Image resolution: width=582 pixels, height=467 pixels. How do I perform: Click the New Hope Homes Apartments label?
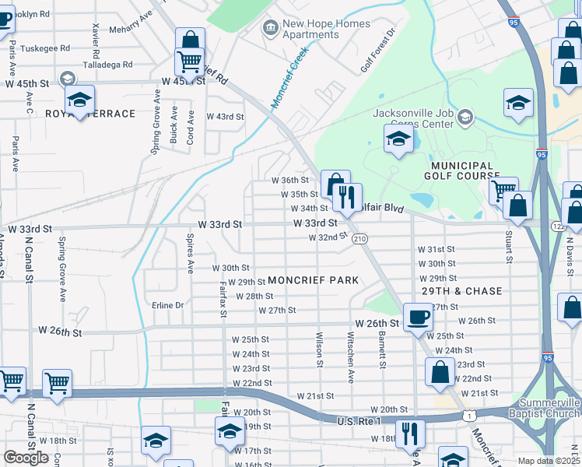click(315, 29)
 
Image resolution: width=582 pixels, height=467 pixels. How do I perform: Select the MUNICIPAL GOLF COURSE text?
click(459, 171)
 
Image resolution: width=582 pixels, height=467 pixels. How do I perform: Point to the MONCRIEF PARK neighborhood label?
click(313, 280)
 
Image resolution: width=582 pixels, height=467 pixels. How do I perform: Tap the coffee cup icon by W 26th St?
click(419, 318)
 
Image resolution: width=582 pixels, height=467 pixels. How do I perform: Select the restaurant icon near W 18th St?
click(410, 433)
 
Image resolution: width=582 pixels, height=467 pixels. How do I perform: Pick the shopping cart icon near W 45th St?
click(189, 61)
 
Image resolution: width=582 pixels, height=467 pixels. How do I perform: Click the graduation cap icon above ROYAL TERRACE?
click(79, 100)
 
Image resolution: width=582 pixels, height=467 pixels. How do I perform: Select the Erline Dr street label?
click(168, 305)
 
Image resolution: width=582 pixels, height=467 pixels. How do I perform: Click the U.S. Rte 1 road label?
click(359, 421)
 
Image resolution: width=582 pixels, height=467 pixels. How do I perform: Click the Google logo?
click(26, 458)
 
